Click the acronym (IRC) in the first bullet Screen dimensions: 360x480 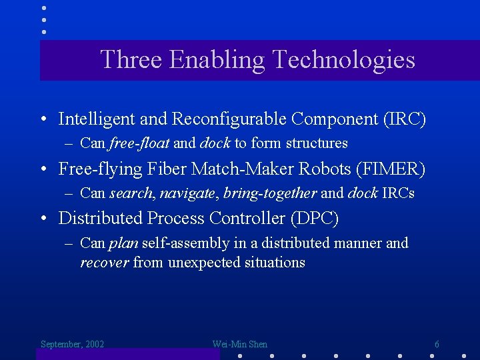coord(404,119)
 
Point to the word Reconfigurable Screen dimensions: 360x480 coord(229,119)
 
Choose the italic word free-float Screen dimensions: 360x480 coord(139,143)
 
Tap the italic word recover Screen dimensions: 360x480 coord(104,263)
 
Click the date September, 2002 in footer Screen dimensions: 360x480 coord(72,345)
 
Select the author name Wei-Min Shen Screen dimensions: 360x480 coord(239,345)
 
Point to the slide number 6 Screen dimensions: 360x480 coord(437,345)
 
